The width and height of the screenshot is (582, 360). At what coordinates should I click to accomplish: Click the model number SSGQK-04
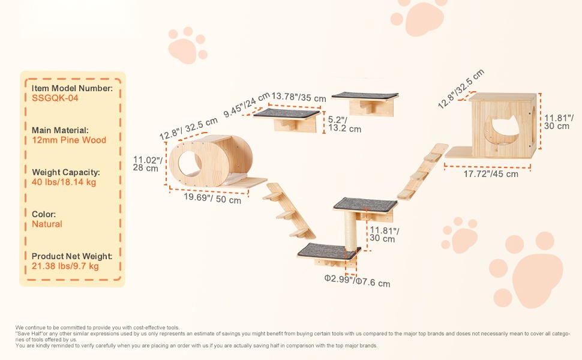(x=55, y=98)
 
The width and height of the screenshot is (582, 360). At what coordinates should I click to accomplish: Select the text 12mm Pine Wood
(x=69, y=140)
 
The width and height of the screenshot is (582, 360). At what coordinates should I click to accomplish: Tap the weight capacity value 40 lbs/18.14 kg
(x=64, y=182)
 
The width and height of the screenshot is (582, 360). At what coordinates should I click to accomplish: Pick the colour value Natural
(x=47, y=224)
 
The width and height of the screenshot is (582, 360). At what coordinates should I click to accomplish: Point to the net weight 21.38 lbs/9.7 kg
(x=65, y=266)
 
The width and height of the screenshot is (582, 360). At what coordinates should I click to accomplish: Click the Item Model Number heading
(x=72, y=88)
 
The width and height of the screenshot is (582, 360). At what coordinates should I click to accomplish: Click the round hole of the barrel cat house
(x=190, y=164)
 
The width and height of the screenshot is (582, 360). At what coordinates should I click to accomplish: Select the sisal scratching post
(x=350, y=231)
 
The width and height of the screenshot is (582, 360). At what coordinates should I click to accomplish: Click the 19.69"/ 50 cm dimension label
(x=212, y=198)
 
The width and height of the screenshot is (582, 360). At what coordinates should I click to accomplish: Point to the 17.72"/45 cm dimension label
(x=491, y=173)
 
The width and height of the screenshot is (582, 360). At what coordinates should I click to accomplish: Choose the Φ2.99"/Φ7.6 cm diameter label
(x=357, y=281)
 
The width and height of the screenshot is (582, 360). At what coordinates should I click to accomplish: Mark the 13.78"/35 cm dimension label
(x=299, y=97)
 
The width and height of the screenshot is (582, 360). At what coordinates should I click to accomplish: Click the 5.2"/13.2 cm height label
(x=344, y=124)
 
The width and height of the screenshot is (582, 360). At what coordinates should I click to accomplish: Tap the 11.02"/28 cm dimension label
(x=148, y=164)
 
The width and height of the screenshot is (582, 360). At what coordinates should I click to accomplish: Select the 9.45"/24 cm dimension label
(x=247, y=104)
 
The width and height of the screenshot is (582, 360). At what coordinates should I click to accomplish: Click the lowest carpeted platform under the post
(x=328, y=251)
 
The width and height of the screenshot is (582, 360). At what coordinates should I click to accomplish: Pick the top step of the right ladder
(x=434, y=157)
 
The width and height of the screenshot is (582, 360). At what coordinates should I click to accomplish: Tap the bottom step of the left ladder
(x=299, y=233)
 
